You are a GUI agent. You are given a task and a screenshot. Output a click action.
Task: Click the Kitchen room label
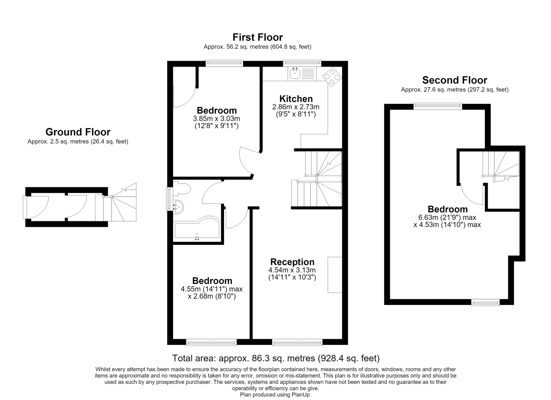pyautogui.click(x=296, y=99)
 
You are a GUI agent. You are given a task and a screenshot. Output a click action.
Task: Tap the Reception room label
pyautogui.click(x=292, y=262)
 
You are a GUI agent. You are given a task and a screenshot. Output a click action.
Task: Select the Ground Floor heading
pyautogui.click(x=78, y=132)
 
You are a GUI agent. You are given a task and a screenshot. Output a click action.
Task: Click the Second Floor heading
pyautogui.click(x=455, y=80)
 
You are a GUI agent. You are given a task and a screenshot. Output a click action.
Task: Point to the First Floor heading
pyautogui.click(x=258, y=37)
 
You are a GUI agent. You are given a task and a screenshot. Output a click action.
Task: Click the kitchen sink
pyautogui.click(x=302, y=74)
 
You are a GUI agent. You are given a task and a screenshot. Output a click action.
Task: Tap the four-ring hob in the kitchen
pyautogui.click(x=332, y=77)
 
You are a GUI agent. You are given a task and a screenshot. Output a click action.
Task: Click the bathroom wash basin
pyautogui.click(x=178, y=207)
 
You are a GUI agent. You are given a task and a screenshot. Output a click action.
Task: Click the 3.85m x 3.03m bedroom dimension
pyautogui.click(x=216, y=118)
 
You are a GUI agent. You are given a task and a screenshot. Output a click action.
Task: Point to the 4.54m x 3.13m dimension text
pyautogui.click(x=292, y=270)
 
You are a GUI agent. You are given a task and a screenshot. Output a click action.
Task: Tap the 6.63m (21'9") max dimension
pyautogui.click(x=447, y=217)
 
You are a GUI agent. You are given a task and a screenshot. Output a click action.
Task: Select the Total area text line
pyautogui.click(x=276, y=358)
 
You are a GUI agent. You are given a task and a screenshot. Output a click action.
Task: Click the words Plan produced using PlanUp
pyautogui.click(x=275, y=395)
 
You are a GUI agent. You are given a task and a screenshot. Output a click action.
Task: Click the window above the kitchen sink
pyautogui.click(x=302, y=63)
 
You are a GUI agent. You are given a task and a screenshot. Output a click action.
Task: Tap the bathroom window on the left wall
pyautogui.click(x=169, y=199)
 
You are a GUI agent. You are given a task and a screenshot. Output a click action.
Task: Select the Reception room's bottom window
pyautogui.click(x=297, y=342)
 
